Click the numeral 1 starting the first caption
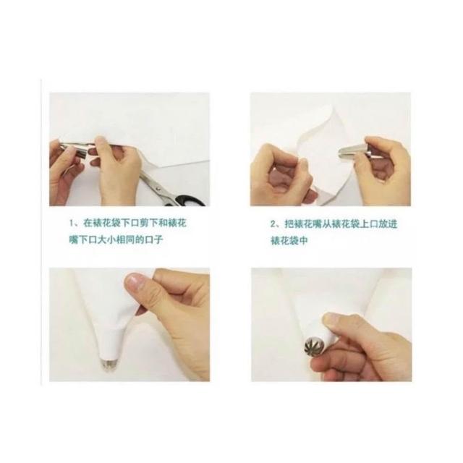tap(71, 224)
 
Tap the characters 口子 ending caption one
tap(153, 239)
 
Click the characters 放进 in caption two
tap(388, 224)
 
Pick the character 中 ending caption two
tap(304, 240)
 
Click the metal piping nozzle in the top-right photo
tap(356, 151)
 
